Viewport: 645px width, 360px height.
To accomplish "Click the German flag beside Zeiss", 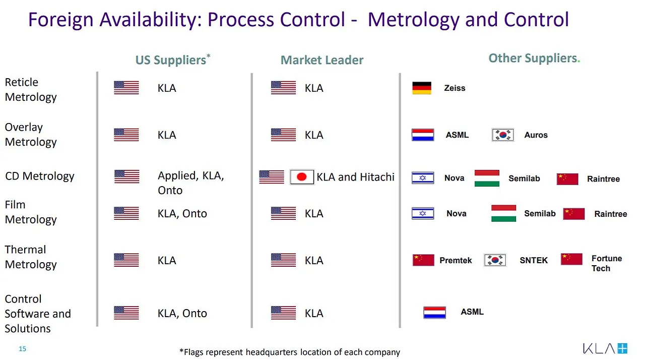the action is [422, 88].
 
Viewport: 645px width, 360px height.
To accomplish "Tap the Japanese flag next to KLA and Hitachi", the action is [302, 177].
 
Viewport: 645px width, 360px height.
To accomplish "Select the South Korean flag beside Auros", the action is [503, 135].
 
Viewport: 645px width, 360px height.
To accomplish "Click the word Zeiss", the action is [455, 88].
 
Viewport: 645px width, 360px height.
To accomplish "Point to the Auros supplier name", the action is [536, 135].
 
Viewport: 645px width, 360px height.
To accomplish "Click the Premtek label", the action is [456, 260].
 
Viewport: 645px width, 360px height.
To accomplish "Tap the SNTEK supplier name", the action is [534, 260].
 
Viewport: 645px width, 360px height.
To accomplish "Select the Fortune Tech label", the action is [607, 263].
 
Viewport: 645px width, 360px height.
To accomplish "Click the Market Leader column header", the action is [322, 60].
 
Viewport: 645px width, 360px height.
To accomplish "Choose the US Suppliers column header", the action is [173, 59].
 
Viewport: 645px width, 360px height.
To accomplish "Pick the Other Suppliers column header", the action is [534, 58].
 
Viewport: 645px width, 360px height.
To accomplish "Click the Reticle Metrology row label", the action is [31, 90].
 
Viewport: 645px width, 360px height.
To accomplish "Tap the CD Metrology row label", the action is [40, 176].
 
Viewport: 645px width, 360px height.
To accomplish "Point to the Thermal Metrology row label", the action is [31, 257].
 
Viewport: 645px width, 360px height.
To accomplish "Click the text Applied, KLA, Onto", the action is [190, 183].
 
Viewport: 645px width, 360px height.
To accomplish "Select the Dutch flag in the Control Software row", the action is [434, 313].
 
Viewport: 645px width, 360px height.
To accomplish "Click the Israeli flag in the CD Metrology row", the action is [423, 178].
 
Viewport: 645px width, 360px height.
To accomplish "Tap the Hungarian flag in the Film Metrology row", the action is [503, 213].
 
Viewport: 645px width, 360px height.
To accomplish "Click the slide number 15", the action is [23, 349].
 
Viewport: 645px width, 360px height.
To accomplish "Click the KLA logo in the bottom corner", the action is [605, 348].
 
